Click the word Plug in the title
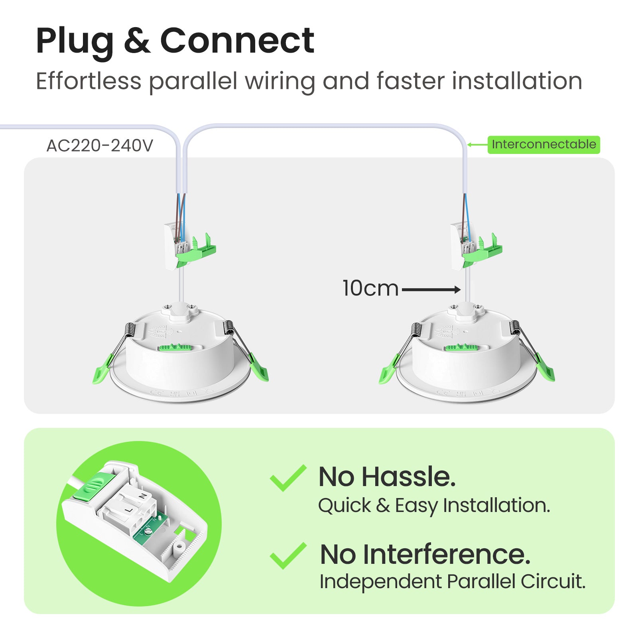[x=75, y=41]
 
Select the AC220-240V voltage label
[x=100, y=146]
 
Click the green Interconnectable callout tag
[x=543, y=144]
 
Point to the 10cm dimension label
[x=370, y=288]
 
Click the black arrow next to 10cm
[x=431, y=290]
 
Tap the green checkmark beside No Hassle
[x=288, y=478]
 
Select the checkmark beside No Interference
[x=288, y=555]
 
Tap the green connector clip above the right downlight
[x=483, y=250]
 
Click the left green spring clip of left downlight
[x=102, y=369]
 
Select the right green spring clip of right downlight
[x=544, y=368]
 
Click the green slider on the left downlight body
[x=175, y=347]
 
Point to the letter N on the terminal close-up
[x=142, y=496]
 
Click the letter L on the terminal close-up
[x=128, y=510]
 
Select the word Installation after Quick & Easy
[x=497, y=505]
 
